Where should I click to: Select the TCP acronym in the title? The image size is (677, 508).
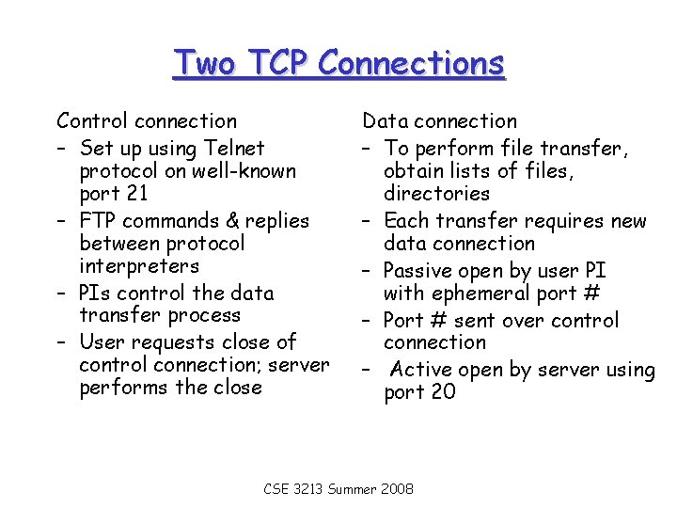click(x=279, y=64)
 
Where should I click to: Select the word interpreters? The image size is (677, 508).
click(x=139, y=266)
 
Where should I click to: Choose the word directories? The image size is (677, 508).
click(x=437, y=194)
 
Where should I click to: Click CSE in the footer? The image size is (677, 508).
click(x=276, y=490)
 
